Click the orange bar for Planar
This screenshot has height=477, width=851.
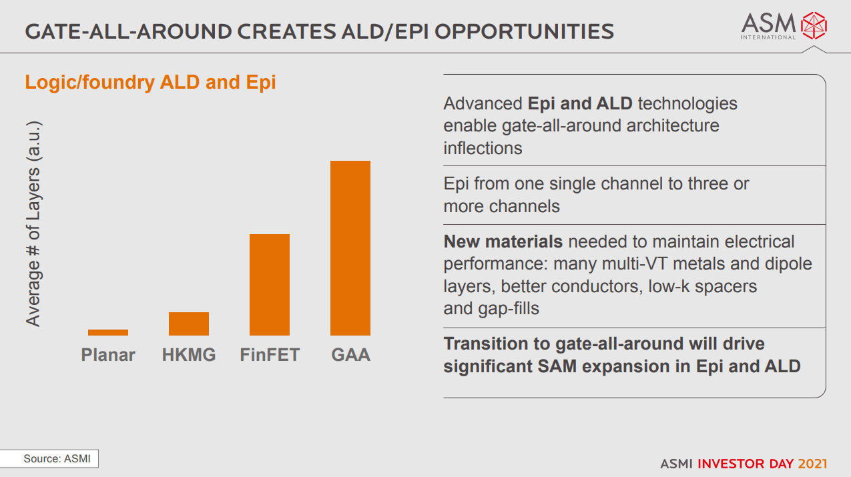(x=108, y=332)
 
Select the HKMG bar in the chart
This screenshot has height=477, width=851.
(x=189, y=324)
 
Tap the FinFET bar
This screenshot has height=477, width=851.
(x=270, y=285)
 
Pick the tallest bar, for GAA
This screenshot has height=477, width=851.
(x=350, y=248)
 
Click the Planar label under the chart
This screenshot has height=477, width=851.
(x=108, y=355)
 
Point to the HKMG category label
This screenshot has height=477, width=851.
(x=189, y=355)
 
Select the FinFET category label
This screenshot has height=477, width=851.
(x=270, y=355)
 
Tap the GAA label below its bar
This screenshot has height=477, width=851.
(x=350, y=355)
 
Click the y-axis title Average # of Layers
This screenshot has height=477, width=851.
(x=33, y=223)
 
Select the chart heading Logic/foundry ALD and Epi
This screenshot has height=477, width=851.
(x=150, y=82)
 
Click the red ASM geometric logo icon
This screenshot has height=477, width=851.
(x=814, y=25)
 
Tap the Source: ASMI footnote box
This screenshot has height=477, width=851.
(x=49, y=458)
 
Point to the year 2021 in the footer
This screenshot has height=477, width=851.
(x=812, y=464)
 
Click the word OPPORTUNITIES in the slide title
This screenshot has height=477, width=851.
(x=524, y=31)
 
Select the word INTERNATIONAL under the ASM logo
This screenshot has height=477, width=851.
(x=768, y=37)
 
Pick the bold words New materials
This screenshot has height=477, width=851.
(x=503, y=242)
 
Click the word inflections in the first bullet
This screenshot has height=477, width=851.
(x=483, y=148)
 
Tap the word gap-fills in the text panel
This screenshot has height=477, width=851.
(x=509, y=308)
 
